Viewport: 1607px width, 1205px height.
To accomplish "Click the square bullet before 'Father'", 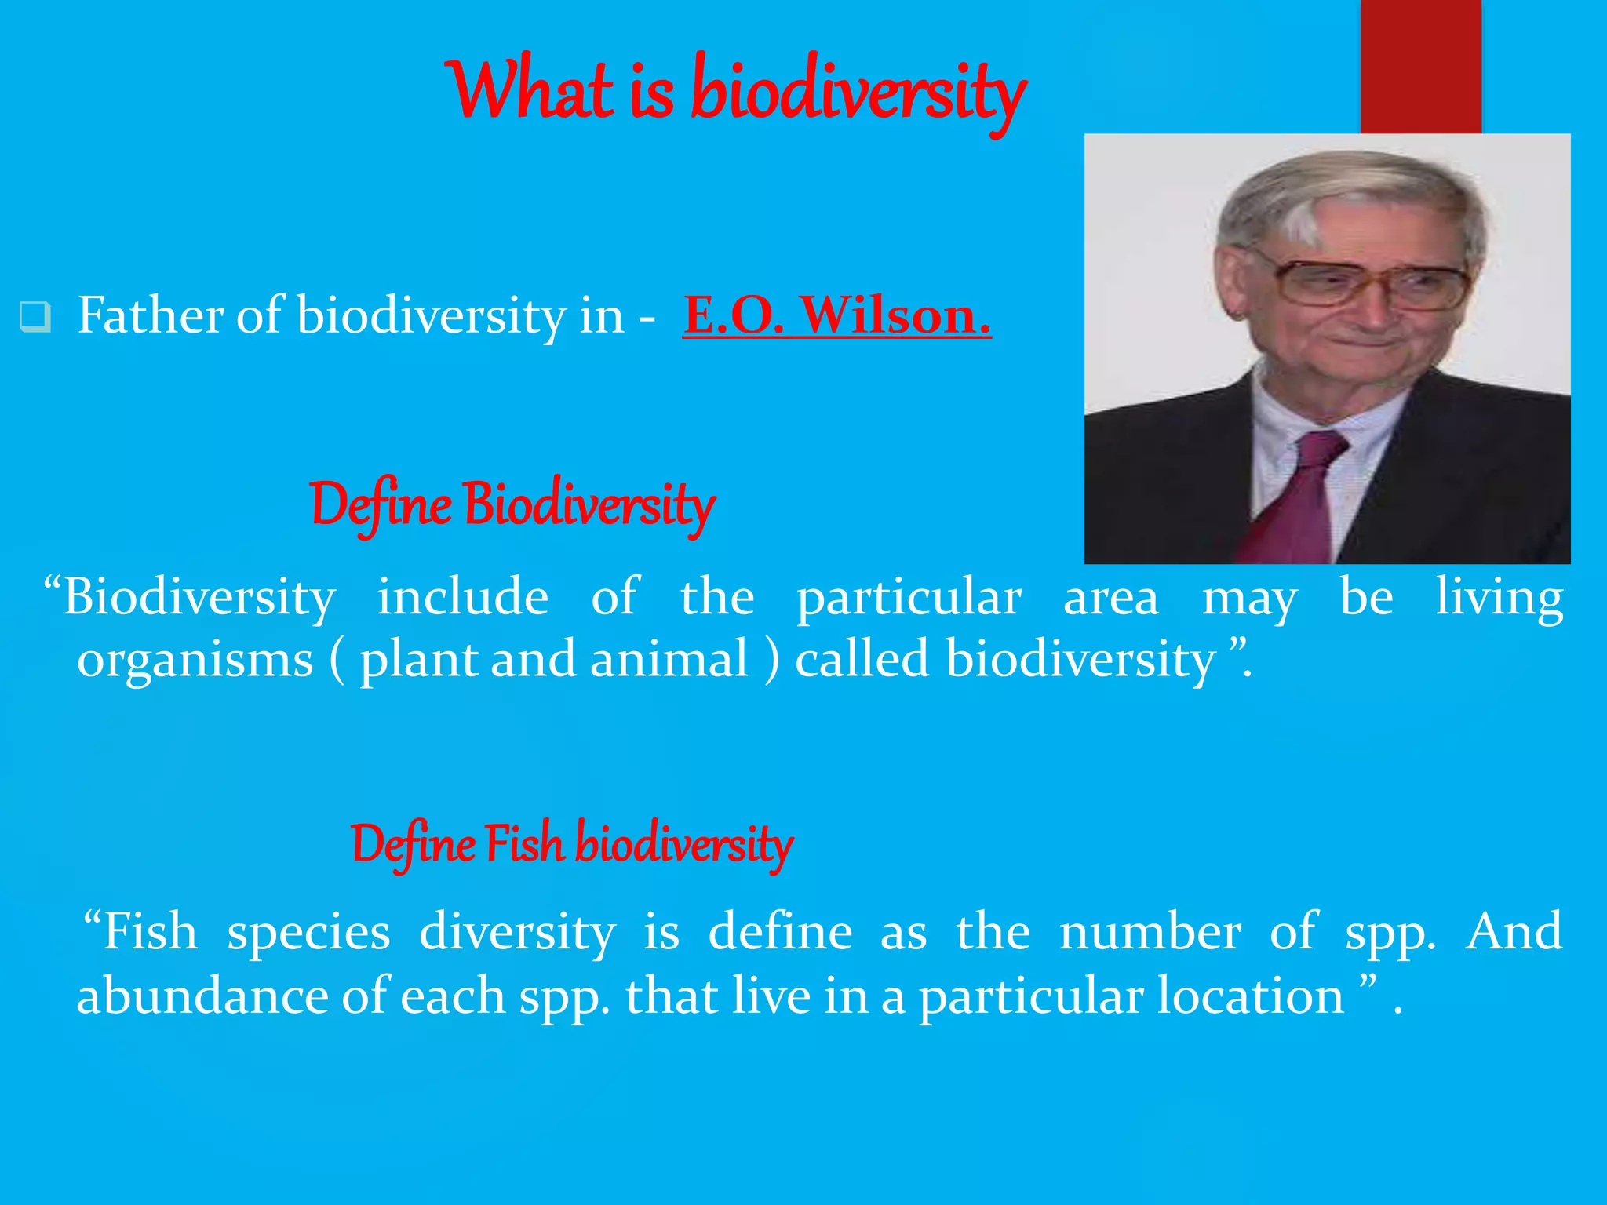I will (35, 317).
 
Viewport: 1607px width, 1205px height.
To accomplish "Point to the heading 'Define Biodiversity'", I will (512, 504).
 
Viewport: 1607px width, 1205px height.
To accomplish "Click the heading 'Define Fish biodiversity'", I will (571, 844).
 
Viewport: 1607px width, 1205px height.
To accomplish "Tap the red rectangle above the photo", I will (1420, 67).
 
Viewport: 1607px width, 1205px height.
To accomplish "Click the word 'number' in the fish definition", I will (1150, 932).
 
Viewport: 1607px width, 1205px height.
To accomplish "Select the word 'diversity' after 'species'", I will (517, 932).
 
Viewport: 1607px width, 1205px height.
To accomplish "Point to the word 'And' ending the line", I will (1514, 932).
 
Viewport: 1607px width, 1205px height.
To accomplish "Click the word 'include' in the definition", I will (463, 598).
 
